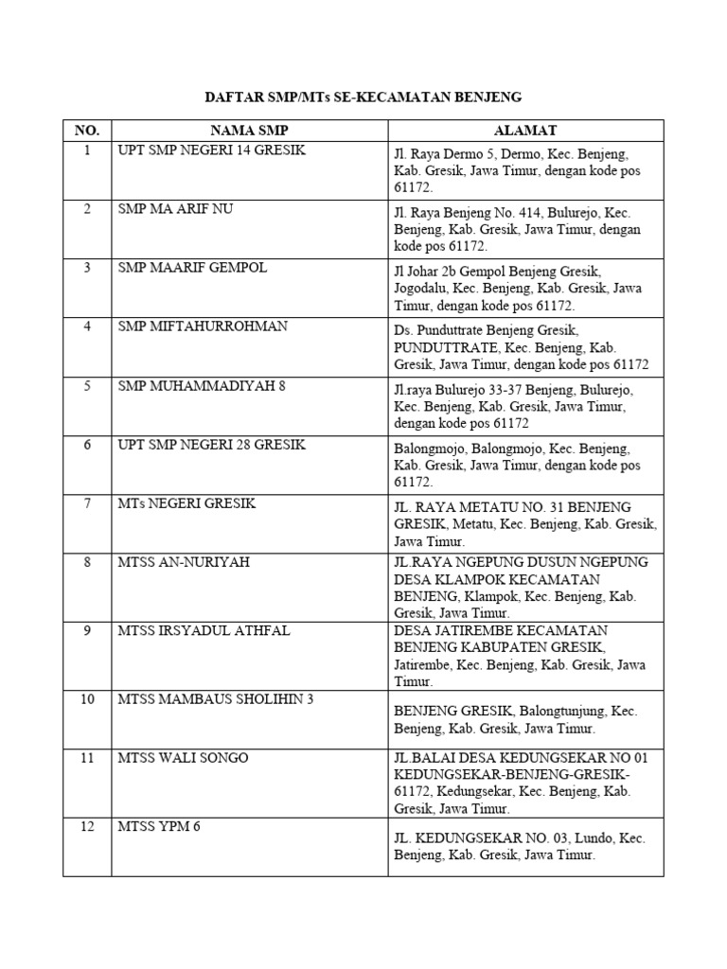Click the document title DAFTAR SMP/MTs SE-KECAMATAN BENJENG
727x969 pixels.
click(363, 97)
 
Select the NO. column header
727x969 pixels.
click(87, 130)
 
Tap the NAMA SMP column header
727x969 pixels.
click(249, 130)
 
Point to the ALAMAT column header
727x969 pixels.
click(525, 130)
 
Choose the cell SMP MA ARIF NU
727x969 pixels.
click(175, 209)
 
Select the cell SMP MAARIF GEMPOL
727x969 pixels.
click(192, 268)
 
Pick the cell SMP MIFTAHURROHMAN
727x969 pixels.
click(203, 326)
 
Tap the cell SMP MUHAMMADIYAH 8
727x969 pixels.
click(202, 385)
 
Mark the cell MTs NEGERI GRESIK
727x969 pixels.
click(186, 502)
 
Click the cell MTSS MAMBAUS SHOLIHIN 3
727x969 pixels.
click(216, 698)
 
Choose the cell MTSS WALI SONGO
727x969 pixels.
click(184, 758)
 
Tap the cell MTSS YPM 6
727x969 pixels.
click(160, 826)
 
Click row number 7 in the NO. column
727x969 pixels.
click(87, 502)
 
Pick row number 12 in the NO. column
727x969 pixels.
click(87, 826)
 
